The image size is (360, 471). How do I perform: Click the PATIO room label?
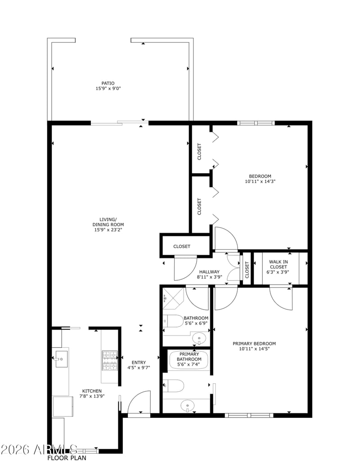108,83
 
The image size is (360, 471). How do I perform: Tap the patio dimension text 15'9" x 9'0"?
108,89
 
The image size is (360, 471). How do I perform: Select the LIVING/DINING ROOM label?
108,222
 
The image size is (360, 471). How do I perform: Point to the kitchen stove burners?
110,361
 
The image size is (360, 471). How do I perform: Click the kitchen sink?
61,359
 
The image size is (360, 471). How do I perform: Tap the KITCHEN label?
92,391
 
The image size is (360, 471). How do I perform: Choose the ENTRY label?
139,363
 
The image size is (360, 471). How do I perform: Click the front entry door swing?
139,403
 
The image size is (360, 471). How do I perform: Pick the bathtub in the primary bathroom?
189,359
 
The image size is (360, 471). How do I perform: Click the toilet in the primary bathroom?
173,386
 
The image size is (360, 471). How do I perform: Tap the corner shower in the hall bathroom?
173,298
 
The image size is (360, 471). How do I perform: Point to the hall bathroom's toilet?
173,321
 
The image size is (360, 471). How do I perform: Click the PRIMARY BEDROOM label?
254,344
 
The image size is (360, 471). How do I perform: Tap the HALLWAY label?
209,272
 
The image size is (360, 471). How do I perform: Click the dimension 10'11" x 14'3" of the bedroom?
260,181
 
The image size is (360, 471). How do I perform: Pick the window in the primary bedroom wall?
249,415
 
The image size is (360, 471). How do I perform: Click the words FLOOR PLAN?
67,458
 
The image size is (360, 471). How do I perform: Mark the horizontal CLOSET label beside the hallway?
182,247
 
